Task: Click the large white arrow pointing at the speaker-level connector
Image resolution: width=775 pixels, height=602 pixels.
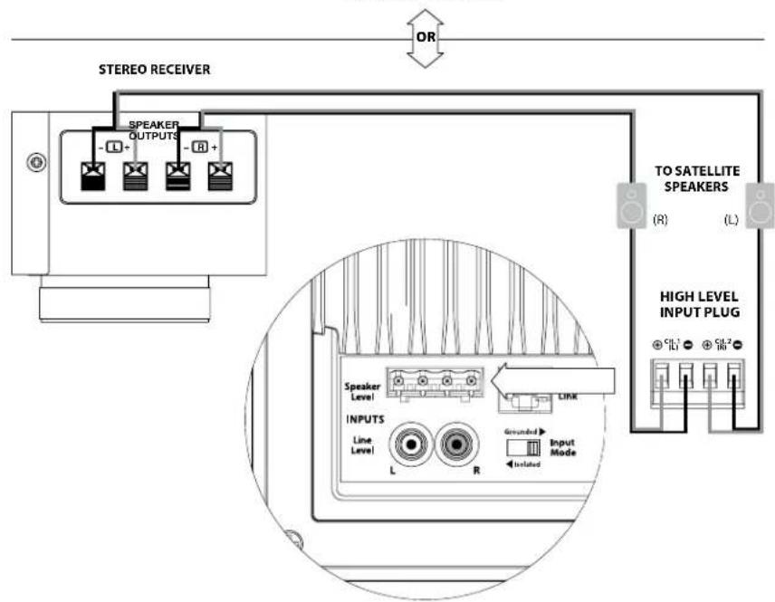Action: click(555, 379)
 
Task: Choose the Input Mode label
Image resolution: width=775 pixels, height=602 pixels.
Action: click(561, 445)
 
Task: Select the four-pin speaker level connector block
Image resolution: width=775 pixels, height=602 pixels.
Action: click(434, 386)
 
